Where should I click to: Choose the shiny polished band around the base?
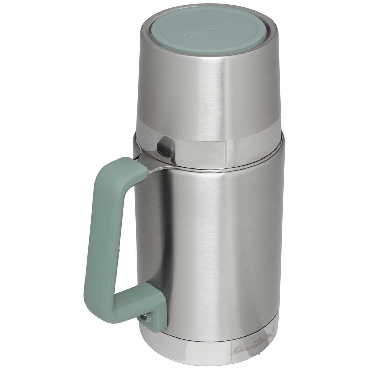coord(205,341)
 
